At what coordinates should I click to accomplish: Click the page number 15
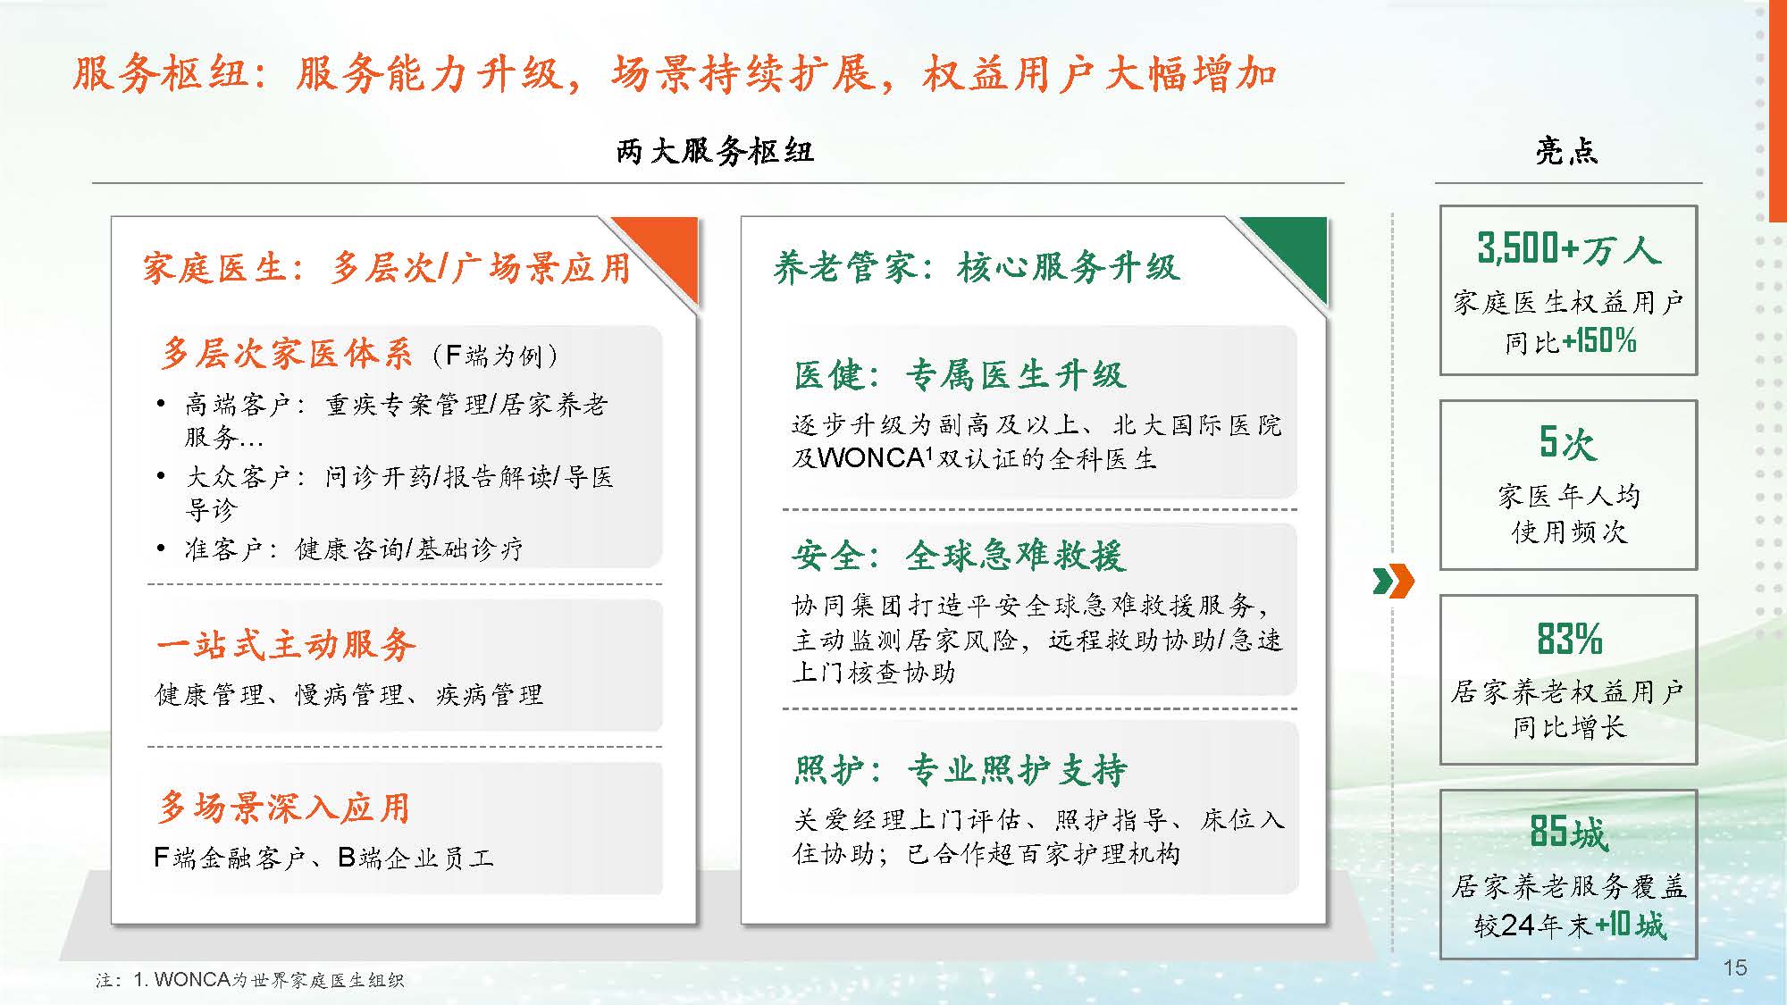1734,967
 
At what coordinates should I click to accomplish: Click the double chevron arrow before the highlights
1393,582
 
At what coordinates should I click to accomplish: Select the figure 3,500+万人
1568,248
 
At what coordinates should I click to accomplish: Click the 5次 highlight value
1567,442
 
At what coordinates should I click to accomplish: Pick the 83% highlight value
1569,639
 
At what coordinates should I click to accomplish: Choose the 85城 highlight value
1568,832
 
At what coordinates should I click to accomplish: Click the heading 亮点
1566,151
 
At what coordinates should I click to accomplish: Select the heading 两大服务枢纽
715,151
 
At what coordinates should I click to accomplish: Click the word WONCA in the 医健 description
870,458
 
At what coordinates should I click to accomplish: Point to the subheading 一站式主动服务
286,644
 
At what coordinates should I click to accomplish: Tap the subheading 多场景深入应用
283,807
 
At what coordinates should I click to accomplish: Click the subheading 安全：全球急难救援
958,556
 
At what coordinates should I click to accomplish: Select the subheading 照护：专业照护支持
960,769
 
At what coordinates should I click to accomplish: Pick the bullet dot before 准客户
161,548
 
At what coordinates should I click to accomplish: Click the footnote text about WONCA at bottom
250,980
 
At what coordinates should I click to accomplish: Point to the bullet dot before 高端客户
161,404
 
